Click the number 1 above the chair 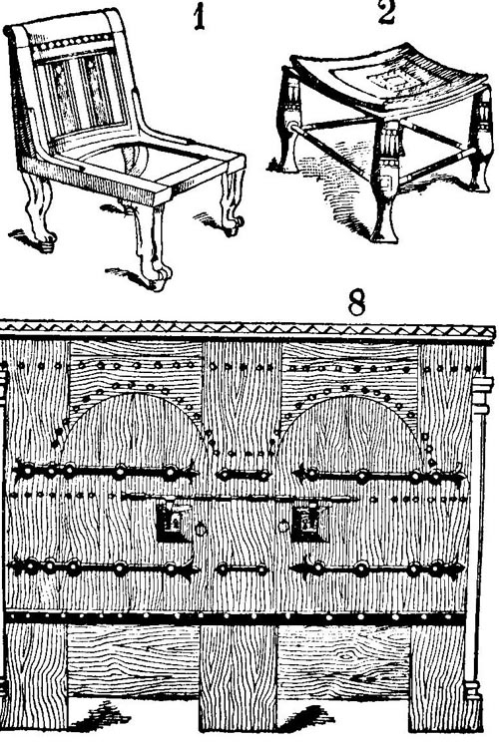[x=200, y=18]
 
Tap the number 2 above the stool [x=387, y=12]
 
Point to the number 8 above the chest [x=356, y=302]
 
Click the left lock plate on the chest [x=172, y=521]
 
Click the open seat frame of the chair [x=144, y=165]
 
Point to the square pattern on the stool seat [x=387, y=82]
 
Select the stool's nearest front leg [x=385, y=182]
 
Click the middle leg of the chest [x=238, y=677]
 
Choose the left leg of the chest [x=35, y=676]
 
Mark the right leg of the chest [x=437, y=677]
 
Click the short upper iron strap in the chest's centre [x=243, y=475]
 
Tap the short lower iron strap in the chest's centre [x=243, y=569]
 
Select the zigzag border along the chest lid [x=249, y=329]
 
